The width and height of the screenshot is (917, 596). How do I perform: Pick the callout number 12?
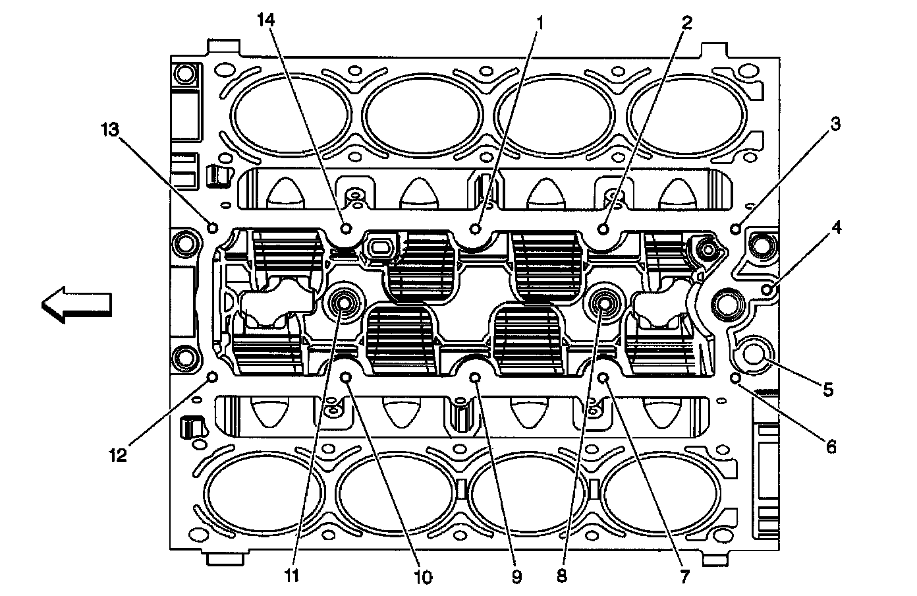click(118, 455)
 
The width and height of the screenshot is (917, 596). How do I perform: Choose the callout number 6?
click(831, 447)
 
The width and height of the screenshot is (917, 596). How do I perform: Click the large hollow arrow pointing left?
click(76, 305)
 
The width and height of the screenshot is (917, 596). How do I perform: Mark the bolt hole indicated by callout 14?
click(347, 228)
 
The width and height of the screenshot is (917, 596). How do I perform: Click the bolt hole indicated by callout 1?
click(476, 228)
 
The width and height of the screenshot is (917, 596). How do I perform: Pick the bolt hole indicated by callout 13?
click(213, 227)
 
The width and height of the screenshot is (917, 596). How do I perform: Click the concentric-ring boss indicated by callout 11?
click(343, 303)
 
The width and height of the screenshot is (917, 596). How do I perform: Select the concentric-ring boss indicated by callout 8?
click(603, 303)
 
